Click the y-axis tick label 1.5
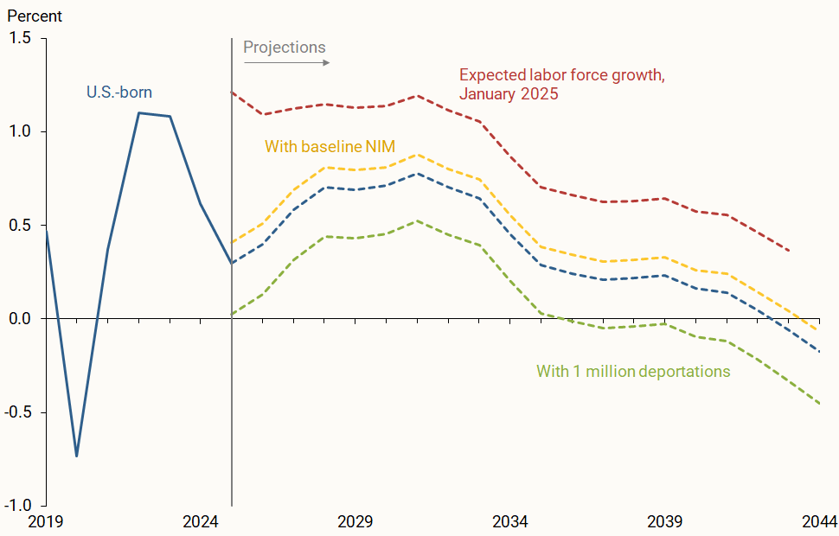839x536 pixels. pyautogui.click(x=21, y=39)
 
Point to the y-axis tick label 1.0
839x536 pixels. pyautogui.click(x=21, y=132)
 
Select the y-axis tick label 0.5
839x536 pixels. pyautogui.click(x=21, y=226)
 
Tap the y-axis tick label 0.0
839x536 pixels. pyautogui.click(x=21, y=319)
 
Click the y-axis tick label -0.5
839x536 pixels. pyautogui.click(x=19, y=412)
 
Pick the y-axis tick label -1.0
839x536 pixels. pyautogui.click(x=19, y=506)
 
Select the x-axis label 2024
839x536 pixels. pyautogui.click(x=201, y=522)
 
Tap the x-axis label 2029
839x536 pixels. pyautogui.click(x=355, y=522)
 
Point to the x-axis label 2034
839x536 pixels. pyautogui.click(x=510, y=522)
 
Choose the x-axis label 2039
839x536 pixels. pyautogui.click(x=665, y=522)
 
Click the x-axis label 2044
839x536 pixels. pyautogui.click(x=818, y=522)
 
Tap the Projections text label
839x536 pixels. pyautogui.click(x=284, y=47)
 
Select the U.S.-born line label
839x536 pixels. pyautogui.click(x=125, y=91)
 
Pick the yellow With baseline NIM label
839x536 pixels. pyautogui.click(x=330, y=146)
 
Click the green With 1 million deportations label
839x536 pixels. pyautogui.click(x=633, y=372)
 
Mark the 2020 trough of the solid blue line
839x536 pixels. pyautogui.click(x=77, y=456)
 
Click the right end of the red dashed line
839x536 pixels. pyautogui.click(x=788, y=251)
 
